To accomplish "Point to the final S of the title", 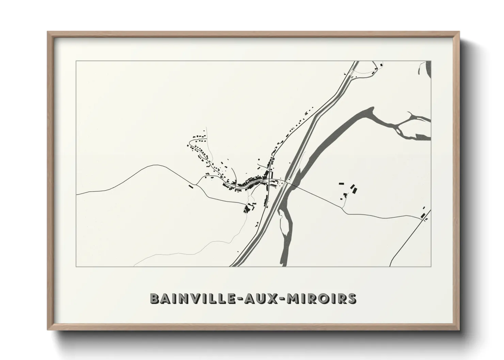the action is tap(352, 298).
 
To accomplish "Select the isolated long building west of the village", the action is tap(191, 186).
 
